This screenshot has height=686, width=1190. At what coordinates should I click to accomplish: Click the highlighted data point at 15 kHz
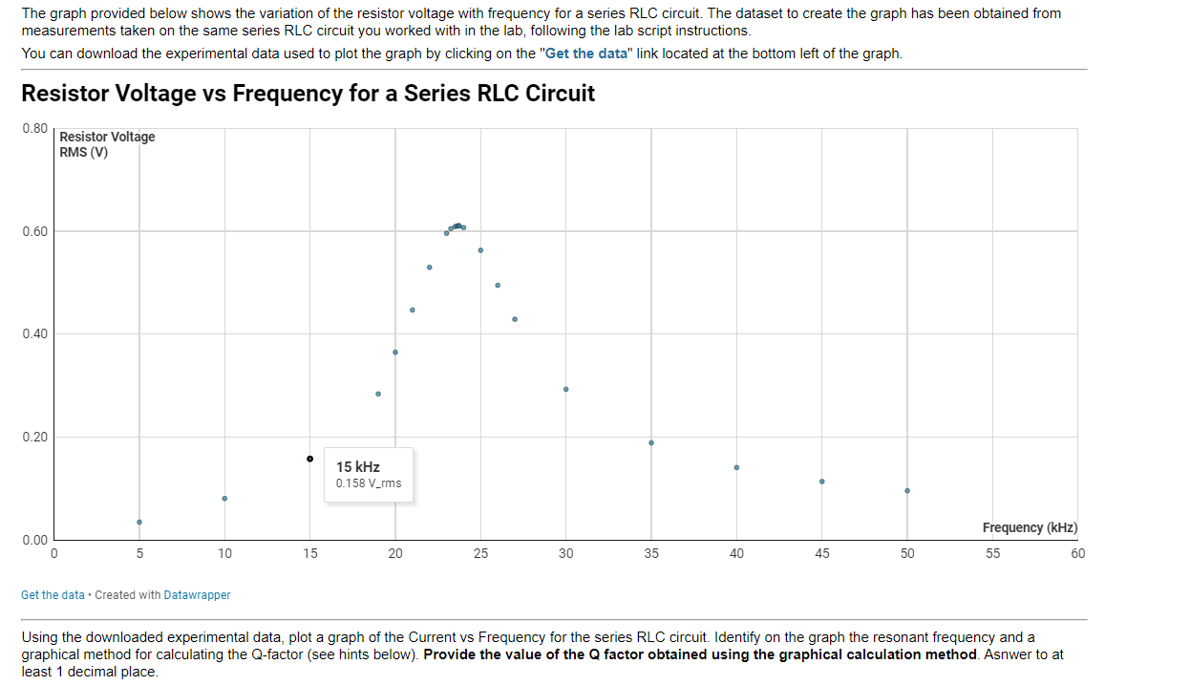click(x=309, y=459)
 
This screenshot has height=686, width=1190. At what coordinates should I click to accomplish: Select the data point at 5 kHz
click(x=139, y=522)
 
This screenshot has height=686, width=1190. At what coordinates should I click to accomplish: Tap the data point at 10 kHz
click(x=224, y=498)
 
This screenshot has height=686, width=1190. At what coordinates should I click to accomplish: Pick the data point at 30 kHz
click(x=565, y=389)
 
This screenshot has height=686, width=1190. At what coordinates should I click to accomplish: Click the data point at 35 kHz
click(x=651, y=442)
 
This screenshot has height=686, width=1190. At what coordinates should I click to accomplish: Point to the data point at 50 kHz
click(x=907, y=490)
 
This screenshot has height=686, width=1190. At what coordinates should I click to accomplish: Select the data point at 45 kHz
click(x=821, y=481)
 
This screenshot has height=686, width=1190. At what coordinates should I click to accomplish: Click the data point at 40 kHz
click(x=736, y=467)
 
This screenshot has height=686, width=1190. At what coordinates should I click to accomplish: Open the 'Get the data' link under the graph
click(x=53, y=594)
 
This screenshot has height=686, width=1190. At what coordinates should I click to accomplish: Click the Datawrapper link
click(x=197, y=594)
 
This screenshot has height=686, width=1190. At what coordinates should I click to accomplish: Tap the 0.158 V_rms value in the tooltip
click(x=369, y=483)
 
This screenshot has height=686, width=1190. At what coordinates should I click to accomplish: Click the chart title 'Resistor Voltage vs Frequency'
click(x=308, y=94)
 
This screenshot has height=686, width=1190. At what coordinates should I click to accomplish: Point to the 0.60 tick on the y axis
click(x=33, y=231)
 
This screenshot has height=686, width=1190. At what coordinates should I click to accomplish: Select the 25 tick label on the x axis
click(x=480, y=553)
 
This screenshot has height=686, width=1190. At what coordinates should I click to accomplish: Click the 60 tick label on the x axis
click(x=1077, y=553)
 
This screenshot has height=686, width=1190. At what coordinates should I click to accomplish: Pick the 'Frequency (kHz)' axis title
click(x=1030, y=527)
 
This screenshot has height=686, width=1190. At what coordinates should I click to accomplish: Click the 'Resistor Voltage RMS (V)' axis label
click(x=106, y=144)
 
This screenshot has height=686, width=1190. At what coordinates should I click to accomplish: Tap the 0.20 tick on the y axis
click(x=33, y=438)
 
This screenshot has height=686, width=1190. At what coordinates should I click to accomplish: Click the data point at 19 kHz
click(x=378, y=394)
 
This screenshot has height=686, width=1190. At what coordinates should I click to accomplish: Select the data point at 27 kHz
click(x=515, y=319)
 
